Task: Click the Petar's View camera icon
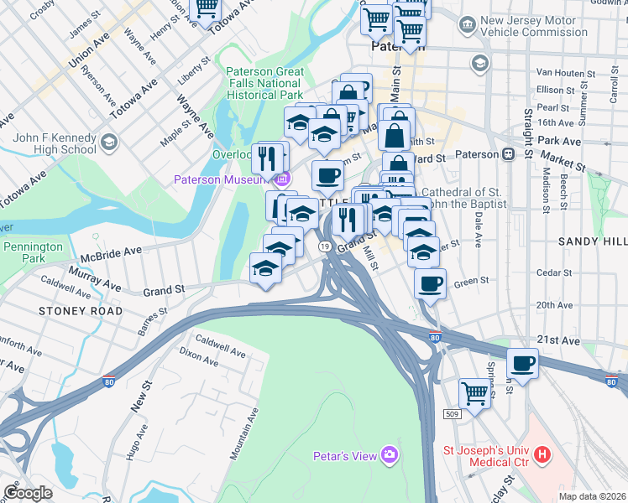coord(389,455)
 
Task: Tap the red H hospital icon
coord(543,456)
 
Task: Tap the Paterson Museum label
coord(221,179)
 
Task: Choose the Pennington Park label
coord(34,253)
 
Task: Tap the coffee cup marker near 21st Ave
coord(522,364)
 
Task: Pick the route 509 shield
coord(452,414)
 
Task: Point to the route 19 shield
coord(323,246)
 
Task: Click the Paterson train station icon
coord(509,154)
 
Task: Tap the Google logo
coord(28,493)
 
